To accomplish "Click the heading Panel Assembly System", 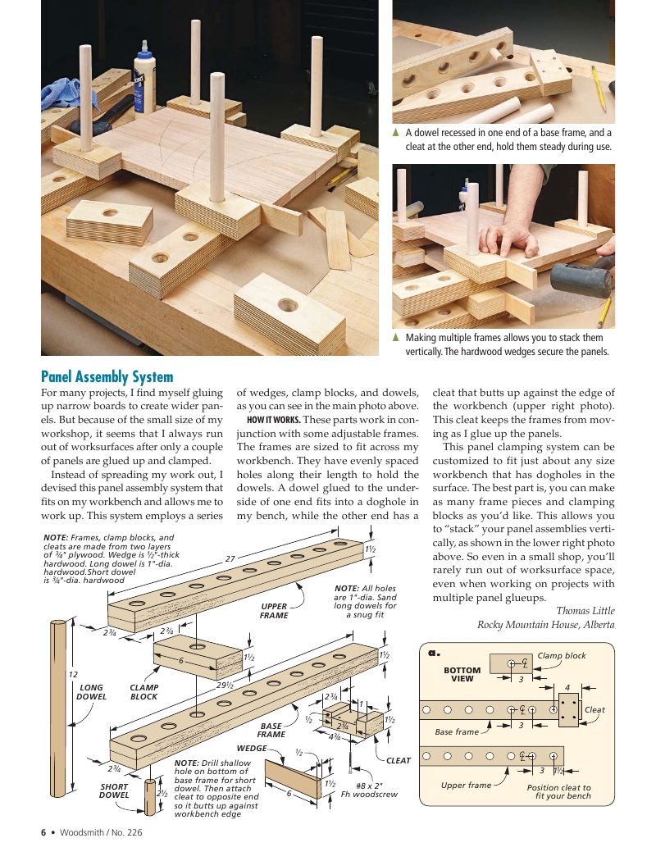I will click(x=107, y=377).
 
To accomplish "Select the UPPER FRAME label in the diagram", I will click(x=274, y=611).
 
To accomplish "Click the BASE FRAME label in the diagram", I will click(x=271, y=730).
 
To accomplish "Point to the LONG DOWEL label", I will click(x=91, y=692).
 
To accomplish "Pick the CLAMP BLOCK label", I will click(x=144, y=692).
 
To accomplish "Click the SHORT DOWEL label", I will click(x=114, y=790).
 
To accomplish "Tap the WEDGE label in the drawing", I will click(x=252, y=749).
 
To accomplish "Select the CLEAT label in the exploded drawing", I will click(x=399, y=760).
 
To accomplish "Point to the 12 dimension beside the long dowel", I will click(x=72, y=673).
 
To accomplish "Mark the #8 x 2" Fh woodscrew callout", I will click(x=369, y=789).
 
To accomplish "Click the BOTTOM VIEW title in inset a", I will click(x=462, y=674).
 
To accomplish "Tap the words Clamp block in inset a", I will click(x=562, y=655).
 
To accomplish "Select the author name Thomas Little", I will click(x=585, y=610).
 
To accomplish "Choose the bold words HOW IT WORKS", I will click(x=273, y=421).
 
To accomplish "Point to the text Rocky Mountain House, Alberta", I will click(x=545, y=625).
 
